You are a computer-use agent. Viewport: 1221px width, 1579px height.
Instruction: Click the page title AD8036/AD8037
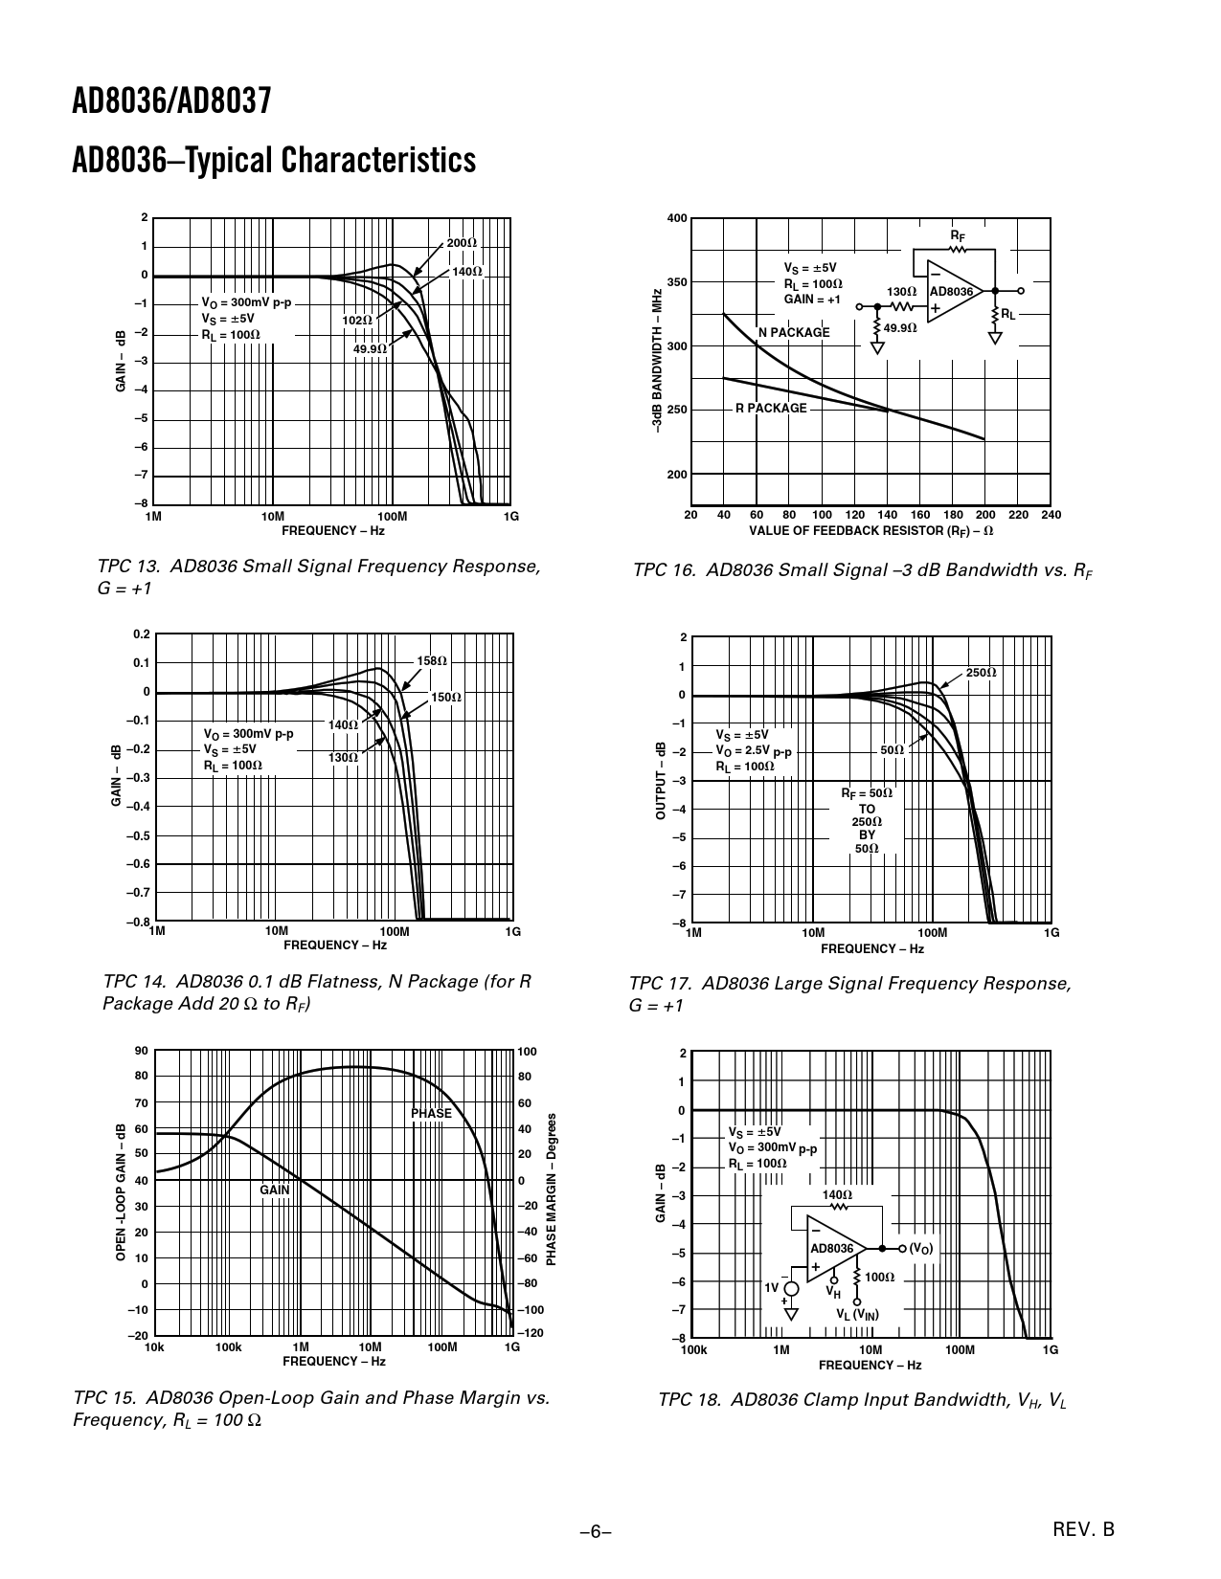(172, 101)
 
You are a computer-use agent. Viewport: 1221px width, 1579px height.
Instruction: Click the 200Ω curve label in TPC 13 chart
(462, 243)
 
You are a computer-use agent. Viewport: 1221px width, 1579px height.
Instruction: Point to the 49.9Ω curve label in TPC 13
(370, 349)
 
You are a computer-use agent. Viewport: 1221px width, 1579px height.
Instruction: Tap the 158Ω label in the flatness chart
(432, 661)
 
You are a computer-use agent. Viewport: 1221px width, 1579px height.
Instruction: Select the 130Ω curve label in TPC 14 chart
(343, 758)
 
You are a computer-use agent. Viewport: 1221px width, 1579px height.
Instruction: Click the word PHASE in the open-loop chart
(431, 1114)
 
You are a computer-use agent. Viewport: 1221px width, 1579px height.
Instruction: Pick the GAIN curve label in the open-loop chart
(274, 1190)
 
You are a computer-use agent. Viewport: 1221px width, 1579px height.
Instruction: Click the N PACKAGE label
(794, 332)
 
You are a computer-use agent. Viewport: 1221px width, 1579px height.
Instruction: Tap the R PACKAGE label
(771, 409)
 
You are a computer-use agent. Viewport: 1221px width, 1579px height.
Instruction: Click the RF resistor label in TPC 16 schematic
(957, 235)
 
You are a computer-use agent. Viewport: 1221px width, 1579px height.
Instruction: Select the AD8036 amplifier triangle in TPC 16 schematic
(953, 292)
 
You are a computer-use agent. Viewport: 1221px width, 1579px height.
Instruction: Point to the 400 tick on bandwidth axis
(677, 218)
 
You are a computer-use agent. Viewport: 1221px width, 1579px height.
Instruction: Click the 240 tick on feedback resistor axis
(1051, 515)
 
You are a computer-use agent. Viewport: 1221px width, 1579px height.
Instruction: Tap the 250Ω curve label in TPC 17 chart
(981, 673)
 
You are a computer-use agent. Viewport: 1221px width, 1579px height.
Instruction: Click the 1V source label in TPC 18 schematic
(772, 1287)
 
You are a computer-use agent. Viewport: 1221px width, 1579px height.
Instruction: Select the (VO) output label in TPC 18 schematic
(920, 1249)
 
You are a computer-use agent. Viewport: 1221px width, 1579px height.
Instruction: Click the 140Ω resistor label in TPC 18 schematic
(837, 1195)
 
